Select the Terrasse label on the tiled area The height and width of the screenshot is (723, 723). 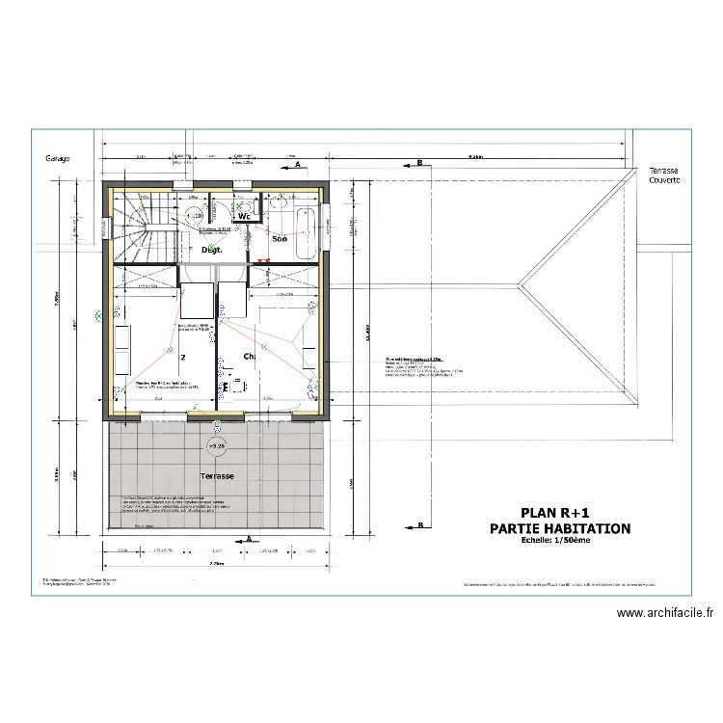click(x=217, y=476)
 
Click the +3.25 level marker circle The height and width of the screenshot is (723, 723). click(x=215, y=446)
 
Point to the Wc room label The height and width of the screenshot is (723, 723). click(x=245, y=217)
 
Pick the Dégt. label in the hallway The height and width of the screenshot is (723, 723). click(x=212, y=250)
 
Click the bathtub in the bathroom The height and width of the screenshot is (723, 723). click(x=306, y=232)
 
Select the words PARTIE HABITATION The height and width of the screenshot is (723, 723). click(x=560, y=528)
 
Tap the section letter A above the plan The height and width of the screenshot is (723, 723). click(x=299, y=166)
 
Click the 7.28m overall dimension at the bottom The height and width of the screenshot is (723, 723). click(x=215, y=563)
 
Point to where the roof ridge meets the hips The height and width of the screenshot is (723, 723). click(x=521, y=283)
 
